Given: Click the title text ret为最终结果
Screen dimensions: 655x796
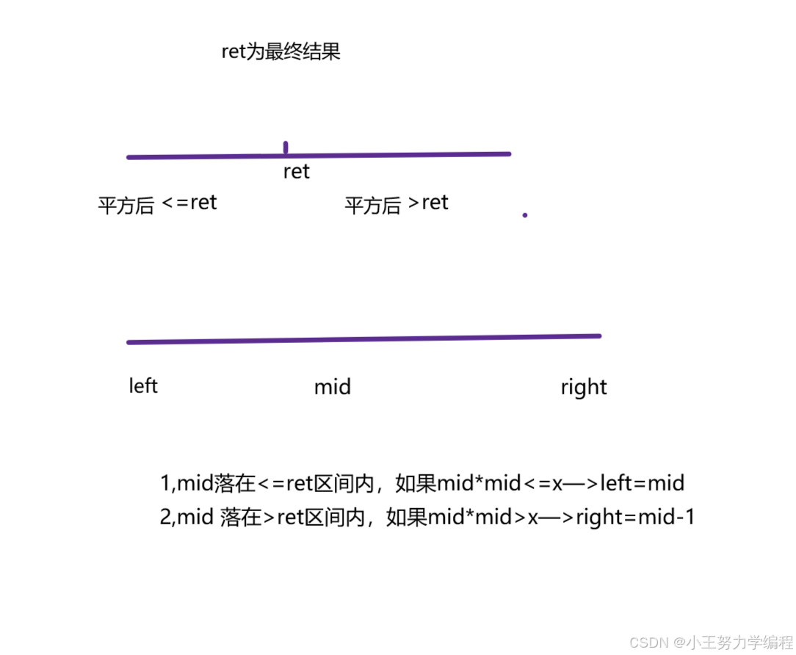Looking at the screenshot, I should [281, 53].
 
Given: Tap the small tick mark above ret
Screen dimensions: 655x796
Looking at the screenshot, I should [286, 148].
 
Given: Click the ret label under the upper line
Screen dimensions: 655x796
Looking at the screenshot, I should [296, 172].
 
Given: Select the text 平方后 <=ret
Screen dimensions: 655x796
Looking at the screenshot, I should [157, 203].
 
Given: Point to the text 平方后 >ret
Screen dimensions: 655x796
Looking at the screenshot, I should [397, 203].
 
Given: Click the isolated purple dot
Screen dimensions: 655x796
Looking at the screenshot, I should [524, 215].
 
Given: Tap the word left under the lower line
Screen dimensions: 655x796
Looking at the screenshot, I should [143, 386].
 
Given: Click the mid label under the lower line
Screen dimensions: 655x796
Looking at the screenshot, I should [332, 387].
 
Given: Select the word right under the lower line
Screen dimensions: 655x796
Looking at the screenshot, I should [584, 387].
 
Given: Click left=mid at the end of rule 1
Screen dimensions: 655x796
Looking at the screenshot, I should [643, 483].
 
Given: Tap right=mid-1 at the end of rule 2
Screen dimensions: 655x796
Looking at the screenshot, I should [635, 518].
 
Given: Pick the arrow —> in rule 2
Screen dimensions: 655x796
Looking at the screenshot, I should [557, 518].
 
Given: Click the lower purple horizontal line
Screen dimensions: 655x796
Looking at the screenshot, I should [363, 339].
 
